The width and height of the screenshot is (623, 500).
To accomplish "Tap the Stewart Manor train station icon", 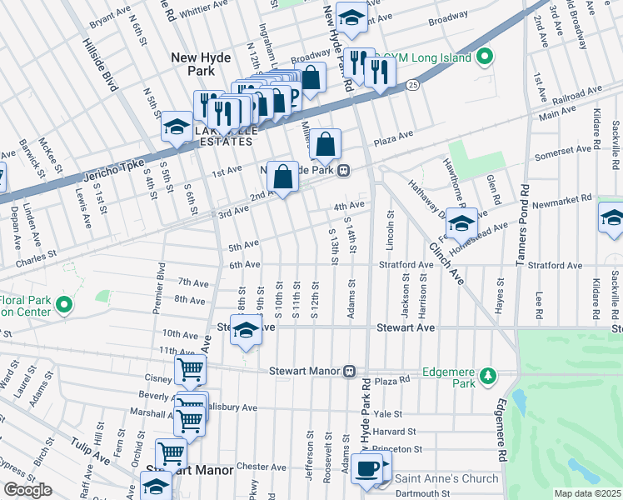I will tap(351, 370).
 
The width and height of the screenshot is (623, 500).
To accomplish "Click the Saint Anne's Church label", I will tap(446, 478).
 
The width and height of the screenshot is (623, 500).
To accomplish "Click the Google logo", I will tap(27, 490).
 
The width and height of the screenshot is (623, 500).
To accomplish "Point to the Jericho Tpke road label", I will tap(114, 167).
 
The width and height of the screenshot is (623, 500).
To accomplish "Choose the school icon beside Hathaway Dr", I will tap(461, 223).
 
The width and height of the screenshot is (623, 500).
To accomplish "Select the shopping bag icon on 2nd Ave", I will tap(282, 177).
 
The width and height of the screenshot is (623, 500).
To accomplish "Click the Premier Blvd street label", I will tap(160, 287).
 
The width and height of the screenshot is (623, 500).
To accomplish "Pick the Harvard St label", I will tap(395, 431).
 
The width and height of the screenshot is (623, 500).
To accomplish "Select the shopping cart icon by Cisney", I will tap(190, 371).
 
